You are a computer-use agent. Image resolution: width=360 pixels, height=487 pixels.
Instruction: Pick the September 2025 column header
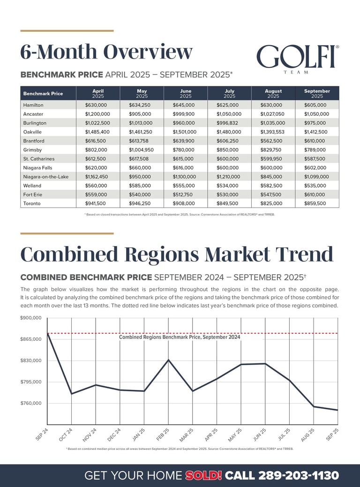[317, 93]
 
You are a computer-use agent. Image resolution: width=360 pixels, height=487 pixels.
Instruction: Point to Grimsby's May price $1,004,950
[141, 150]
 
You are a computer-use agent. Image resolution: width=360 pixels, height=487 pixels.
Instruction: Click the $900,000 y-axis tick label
[31, 318]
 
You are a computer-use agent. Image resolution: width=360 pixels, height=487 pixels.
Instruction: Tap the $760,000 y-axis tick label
[31, 404]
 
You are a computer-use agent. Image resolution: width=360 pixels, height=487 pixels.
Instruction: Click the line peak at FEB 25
[168, 360]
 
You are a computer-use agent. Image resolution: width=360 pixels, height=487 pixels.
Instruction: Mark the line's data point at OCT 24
[72, 394]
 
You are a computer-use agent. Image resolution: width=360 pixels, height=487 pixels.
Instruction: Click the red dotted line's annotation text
[180, 337]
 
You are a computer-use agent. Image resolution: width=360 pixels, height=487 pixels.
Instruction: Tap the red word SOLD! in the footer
[203, 475]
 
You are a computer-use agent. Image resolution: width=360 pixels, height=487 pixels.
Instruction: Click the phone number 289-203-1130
[298, 475]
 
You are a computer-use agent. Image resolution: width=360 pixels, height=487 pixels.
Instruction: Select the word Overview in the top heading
[148, 52]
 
